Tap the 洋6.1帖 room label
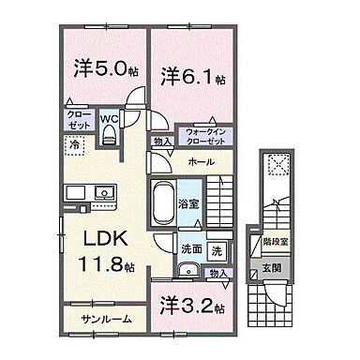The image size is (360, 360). [193, 77]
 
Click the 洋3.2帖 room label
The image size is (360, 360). [191, 306]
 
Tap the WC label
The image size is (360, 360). [109, 119]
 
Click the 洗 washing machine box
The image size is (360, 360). [217, 250]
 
